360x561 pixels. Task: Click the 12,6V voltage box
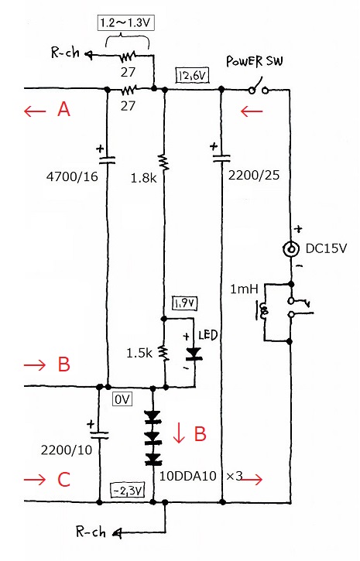[x=193, y=76]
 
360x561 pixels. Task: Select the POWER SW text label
[x=255, y=61]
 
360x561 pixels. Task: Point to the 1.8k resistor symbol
[x=164, y=162]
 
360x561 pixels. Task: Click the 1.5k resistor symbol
[x=164, y=353]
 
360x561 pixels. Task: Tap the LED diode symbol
[x=194, y=354]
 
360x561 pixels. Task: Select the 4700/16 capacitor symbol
[x=107, y=159]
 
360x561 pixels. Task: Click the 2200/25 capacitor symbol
[x=221, y=158]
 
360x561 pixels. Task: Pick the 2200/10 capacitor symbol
[x=99, y=434]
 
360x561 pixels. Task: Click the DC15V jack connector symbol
[x=290, y=248]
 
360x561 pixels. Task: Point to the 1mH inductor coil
[x=264, y=311]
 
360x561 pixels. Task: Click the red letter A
[x=63, y=109]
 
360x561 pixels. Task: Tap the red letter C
[x=63, y=480]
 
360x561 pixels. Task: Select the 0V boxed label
[x=122, y=399]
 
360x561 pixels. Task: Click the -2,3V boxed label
[x=128, y=491]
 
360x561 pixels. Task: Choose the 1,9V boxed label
[x=185, y=303]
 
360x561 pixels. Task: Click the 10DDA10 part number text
[x=188, y=476]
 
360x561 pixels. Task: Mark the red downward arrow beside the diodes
[x=178, y=433]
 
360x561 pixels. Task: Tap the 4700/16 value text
[x=72, y=176]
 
